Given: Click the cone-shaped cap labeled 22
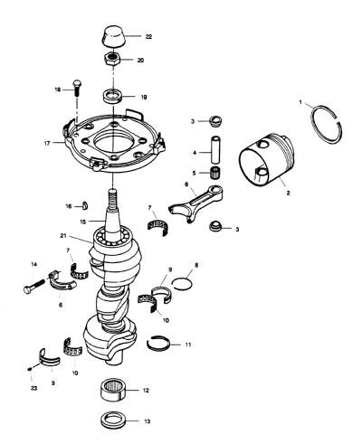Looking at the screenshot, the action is (113, 36).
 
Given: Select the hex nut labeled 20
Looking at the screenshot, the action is (112, 59).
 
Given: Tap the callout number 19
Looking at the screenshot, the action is (144, 98).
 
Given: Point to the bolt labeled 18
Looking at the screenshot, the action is (77, 88).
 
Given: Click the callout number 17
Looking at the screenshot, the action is (47, 144).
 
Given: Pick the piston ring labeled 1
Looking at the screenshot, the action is (327, 124).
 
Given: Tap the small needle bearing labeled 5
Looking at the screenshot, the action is (215, 173).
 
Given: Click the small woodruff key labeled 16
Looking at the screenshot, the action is (85, 205).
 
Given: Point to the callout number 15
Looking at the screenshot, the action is (83, 222).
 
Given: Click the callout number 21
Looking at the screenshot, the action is (63, 236).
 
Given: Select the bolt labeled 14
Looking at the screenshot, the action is (33, 285).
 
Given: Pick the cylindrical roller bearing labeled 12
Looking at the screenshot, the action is (113, 390).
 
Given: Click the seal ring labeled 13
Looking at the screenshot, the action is (113, 420).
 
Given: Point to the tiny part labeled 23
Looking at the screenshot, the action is (30, 368).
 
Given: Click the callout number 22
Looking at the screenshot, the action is (148, 37).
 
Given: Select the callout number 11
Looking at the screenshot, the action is (188, 345).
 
